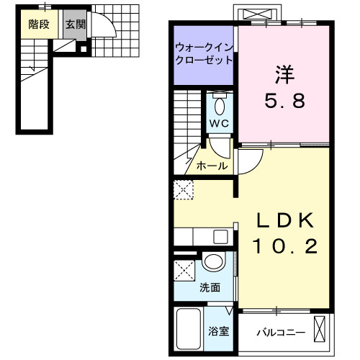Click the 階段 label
click(x=39, y=24)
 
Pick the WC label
click(x=220, y=123)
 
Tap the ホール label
click(x=212, y=166)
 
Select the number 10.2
click(x=284, y=247)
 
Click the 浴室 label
click(x=218, y=333)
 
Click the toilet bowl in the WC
click(x=220, y=106)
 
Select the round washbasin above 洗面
click(x=212, y=264)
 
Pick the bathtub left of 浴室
click(x=189, y=329)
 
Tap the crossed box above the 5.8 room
click(x=260, y=14)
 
